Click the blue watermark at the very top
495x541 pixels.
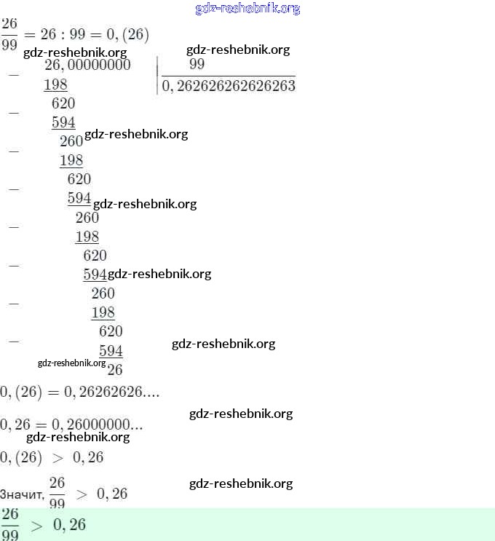coord(247,9)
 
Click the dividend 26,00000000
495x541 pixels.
coord(87,66)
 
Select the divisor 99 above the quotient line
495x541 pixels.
coord(197,65)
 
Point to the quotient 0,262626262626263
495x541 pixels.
coord(229,86)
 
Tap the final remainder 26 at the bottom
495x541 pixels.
coord(114,369)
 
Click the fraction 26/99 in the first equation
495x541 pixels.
coord(9,33)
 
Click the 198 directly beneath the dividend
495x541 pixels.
coord(55,85)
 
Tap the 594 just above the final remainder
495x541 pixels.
coord(111,351)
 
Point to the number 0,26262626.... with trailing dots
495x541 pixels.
coord(112,392)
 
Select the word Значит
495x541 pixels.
coord(22,495)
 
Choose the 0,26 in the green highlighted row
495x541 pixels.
coord(69,525)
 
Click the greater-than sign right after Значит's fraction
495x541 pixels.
coord(82,494)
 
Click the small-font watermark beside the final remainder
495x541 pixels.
coord(71,363)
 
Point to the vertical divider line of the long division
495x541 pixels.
coord(157,76)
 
